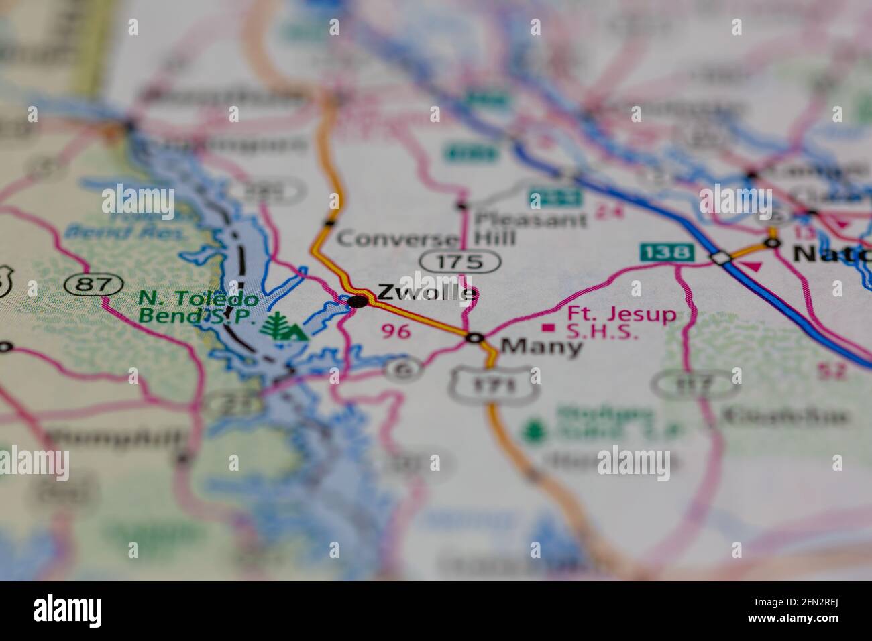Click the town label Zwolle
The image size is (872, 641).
click(x=427, y=292)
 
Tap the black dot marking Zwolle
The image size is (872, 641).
click(x=358, y=301)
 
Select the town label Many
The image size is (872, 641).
click(x=541, y=347)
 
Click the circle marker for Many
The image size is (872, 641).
click(x=475, y=339)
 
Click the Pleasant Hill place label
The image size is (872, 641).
click(x=529, y=228)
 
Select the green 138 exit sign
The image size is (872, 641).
click(x=665, y=252)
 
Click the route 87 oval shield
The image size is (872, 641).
click(x=89, y=284)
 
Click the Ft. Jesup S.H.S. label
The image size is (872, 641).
click(x=621, y=322)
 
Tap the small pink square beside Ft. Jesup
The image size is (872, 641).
click(x=549, y=327)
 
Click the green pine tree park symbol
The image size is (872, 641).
click(x=275, y=326)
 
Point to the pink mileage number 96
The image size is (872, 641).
click(x=395, y=331)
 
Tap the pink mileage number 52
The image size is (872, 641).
click(x=830, y=369)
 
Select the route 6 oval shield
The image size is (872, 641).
click(x=404, y=368)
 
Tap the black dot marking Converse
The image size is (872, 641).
click(x=329, y=223)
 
